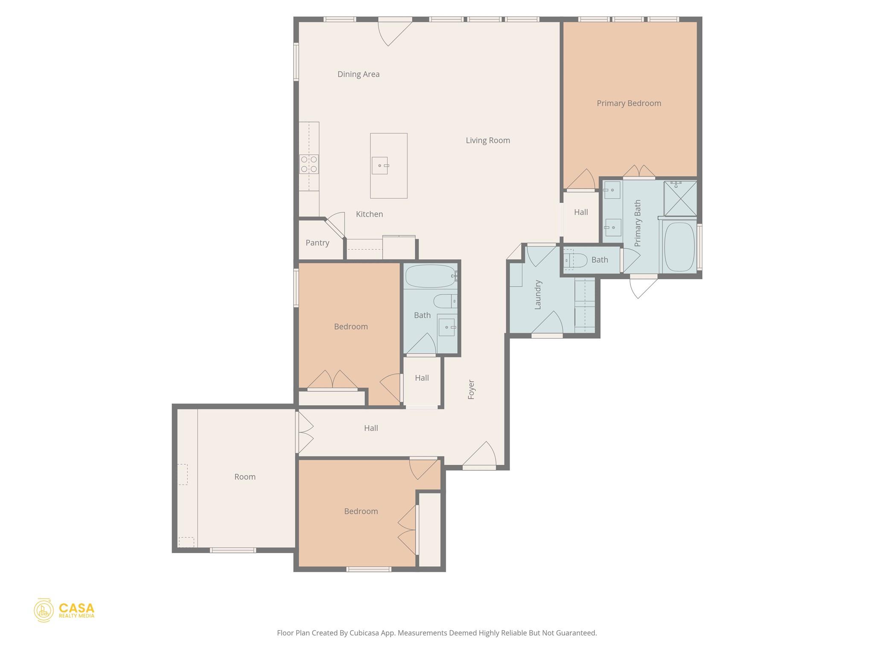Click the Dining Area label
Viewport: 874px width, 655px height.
[x=358, y=74]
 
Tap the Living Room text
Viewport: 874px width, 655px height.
[x=487, y=140]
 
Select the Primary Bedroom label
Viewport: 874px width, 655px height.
[x=629, y=103]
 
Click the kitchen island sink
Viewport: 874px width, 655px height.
[x=379, y=165]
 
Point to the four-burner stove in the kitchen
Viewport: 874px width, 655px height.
[x=309, y=164]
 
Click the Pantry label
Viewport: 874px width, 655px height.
[x=317, y=243]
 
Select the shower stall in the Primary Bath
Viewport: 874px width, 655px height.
[x=680, y=198]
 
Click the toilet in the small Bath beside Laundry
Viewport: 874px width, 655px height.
[x=574, y=260]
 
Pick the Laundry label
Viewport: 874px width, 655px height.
[x=538, y=295]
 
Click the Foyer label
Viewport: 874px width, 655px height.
[x=471, y=389]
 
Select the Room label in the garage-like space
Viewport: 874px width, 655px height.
[x=245, y=477]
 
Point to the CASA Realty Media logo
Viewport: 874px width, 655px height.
[x=64, y=610]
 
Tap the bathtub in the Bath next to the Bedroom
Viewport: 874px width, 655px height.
[x=430, y=276]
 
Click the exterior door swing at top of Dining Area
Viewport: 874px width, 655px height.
[x=393, y=32]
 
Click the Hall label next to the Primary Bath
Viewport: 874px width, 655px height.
[x=580, y=212]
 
